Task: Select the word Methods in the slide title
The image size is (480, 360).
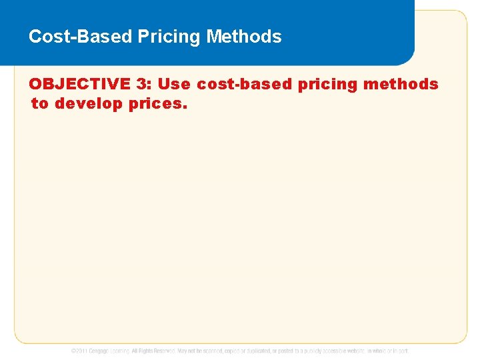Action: point(244,37)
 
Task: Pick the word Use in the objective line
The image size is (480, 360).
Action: point(174,85)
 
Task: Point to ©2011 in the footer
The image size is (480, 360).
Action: point(80,351)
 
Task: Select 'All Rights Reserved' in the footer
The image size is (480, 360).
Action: point(153,351)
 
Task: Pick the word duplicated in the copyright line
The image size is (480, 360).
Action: point(262,351)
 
